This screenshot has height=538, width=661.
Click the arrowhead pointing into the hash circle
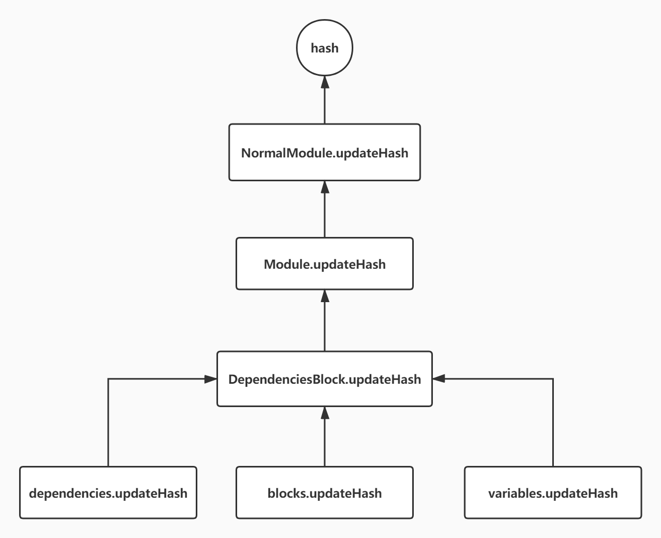click(x=325, y=81)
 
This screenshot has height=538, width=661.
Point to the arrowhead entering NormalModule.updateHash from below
click(x=325, y=187)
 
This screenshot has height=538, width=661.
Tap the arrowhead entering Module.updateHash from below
click(x=325, y=296)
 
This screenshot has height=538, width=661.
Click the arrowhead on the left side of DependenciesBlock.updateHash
click(x=211, y=379)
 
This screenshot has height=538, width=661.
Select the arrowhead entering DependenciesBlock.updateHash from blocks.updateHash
click(x=325, y=413)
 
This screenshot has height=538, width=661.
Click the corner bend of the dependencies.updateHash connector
click(x=108, y=379)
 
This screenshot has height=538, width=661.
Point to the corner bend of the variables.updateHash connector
click(x=553, y=379)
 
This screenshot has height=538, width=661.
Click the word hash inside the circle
click(x=324, y=48)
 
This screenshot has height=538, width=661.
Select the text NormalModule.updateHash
click(x=324, y=153)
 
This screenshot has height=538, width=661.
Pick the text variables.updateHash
click(x=553, y=493)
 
